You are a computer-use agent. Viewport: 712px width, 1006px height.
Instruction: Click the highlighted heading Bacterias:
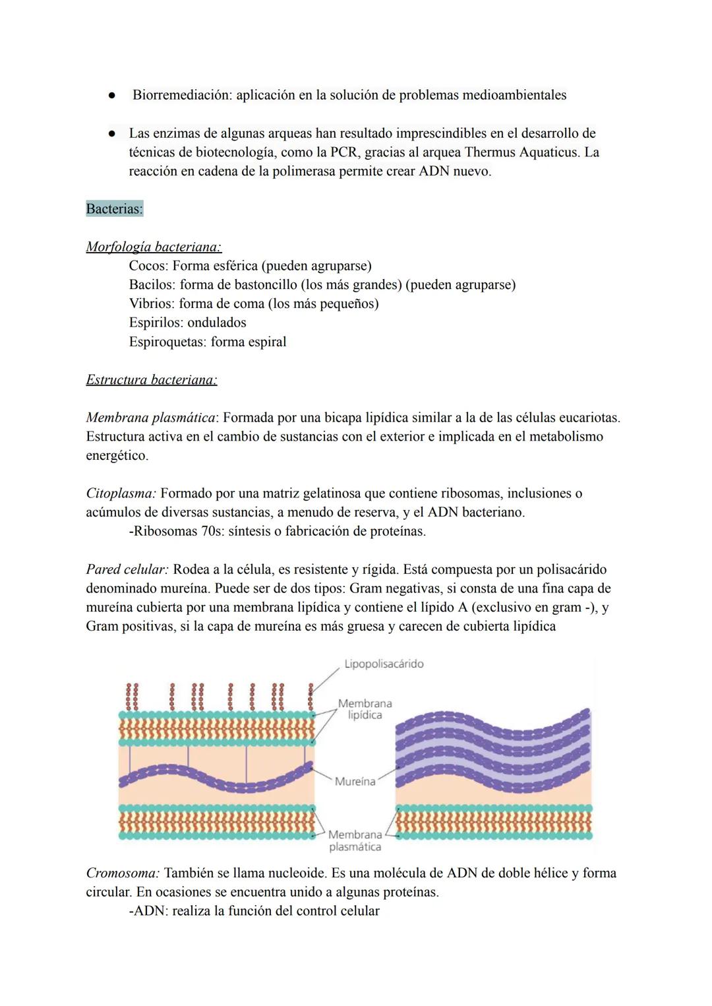(x=114, y=209)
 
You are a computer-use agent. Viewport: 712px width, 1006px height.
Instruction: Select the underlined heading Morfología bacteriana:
(x=154, y=247)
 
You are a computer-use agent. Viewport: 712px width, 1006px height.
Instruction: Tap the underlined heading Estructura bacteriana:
(x=152, y=380)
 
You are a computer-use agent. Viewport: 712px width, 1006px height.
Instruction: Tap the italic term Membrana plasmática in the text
(x=150, y=418)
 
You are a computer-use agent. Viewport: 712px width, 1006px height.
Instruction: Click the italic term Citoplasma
(x=121, y=493)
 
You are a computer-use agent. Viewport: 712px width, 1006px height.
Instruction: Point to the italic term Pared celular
(x=127, y=569)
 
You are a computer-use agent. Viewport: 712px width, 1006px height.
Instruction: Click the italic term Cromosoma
(x=123, y=873)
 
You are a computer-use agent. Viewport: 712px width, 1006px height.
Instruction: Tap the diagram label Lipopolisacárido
(x=384, y=664)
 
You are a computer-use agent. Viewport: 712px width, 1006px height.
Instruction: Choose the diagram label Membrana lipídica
(x=365, y=709)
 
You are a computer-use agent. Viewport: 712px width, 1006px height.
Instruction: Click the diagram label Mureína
(x=355, y=782)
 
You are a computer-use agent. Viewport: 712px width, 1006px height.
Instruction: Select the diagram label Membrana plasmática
(x=355, y=841)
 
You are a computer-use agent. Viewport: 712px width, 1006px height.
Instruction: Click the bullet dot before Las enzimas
(x=113, y=133)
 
